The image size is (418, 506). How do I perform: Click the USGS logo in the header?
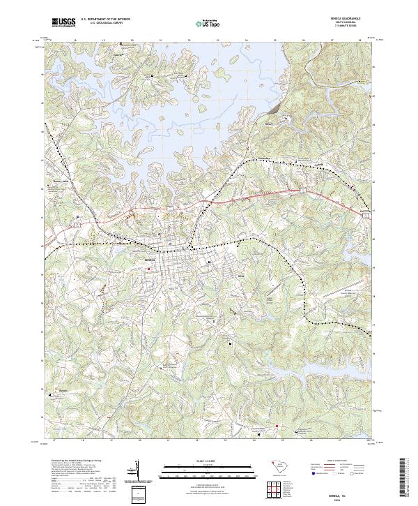(x=63, y=22)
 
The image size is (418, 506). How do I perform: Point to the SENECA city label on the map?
(x=150, y=259)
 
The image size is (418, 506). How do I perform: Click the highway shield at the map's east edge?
(x=366, y=216)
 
